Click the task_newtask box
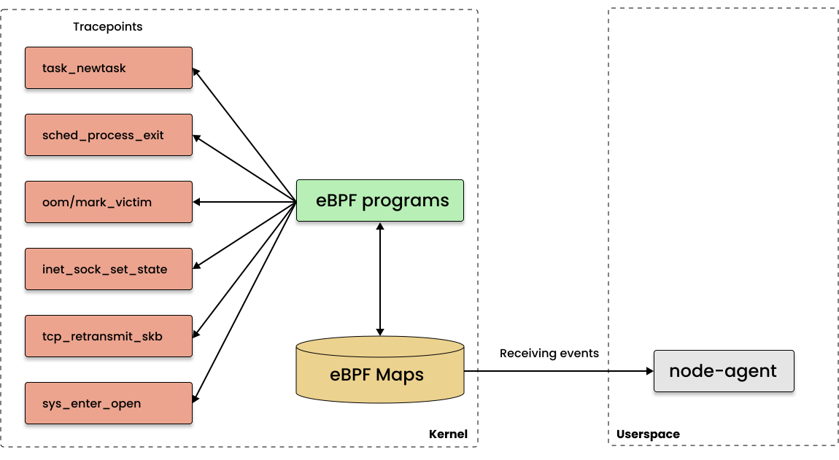click(x=109, y=68)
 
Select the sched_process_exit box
click(x=109, y=135)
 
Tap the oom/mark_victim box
click(x=109, y=202)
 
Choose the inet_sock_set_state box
click(x=109, y=269)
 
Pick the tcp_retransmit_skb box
click(x=109, y=336)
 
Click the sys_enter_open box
click(x=109, y=403)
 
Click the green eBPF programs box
click(x=379, y=200)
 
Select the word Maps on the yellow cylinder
click(x=400, y=375)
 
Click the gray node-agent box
click(x=724, y=371)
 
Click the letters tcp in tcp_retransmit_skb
click(x=50, y=337)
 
